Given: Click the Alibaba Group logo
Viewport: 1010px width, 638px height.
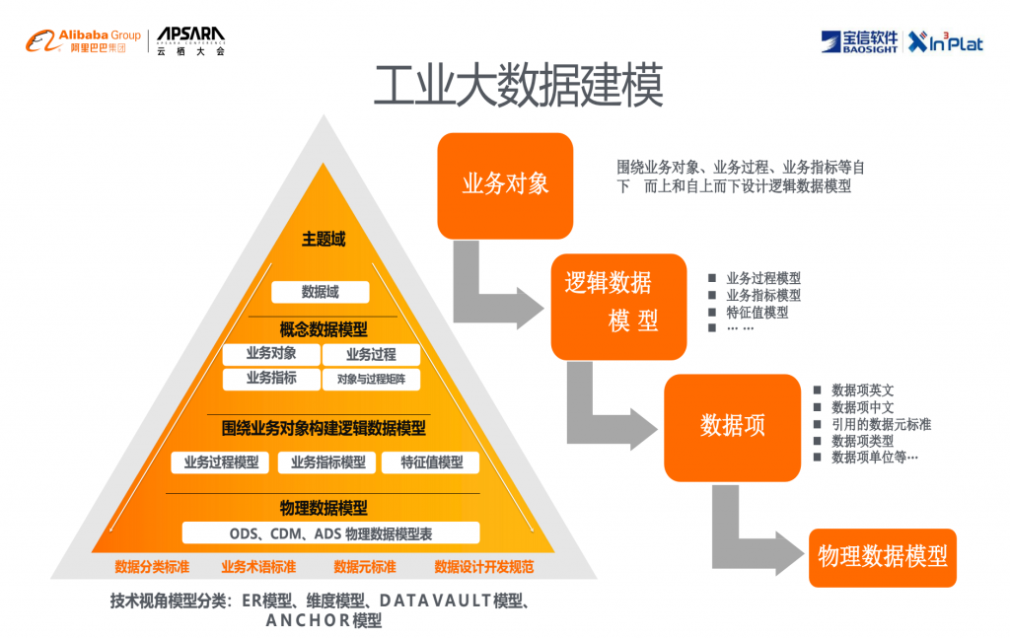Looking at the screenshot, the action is point(83,40).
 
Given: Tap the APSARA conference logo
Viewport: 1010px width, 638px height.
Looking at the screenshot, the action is point(191,41).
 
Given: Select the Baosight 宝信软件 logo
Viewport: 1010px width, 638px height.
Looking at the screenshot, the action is point(859,41).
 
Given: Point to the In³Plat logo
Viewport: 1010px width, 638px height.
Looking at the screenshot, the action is point(946,41).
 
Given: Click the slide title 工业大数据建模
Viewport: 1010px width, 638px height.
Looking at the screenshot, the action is point(519,85).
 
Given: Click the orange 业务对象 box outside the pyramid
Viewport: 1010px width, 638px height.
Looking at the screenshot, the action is point(505,185).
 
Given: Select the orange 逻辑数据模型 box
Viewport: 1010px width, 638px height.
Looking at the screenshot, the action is point(618,307).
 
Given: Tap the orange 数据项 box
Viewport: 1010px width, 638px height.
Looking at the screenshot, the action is point(733,428).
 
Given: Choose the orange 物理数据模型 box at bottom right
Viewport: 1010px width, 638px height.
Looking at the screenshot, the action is point(883,557).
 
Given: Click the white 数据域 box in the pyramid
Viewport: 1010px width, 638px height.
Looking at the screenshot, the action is point(321,292).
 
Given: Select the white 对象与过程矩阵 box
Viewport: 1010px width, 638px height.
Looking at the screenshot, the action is point(371,380).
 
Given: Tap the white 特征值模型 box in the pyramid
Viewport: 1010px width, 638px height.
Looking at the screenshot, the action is point(430,462).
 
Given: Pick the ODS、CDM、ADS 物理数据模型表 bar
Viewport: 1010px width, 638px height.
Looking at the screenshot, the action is point(331,533).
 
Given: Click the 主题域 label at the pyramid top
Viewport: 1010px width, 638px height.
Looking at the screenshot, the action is point(324,240).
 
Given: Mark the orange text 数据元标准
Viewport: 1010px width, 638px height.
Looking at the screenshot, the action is point(365,567).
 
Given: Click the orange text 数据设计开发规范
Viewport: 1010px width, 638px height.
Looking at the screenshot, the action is point(483,567).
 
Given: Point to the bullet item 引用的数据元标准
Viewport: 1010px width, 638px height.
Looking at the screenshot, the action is point(881,424).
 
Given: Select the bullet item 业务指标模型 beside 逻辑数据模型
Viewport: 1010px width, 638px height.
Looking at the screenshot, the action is point(763,295).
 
